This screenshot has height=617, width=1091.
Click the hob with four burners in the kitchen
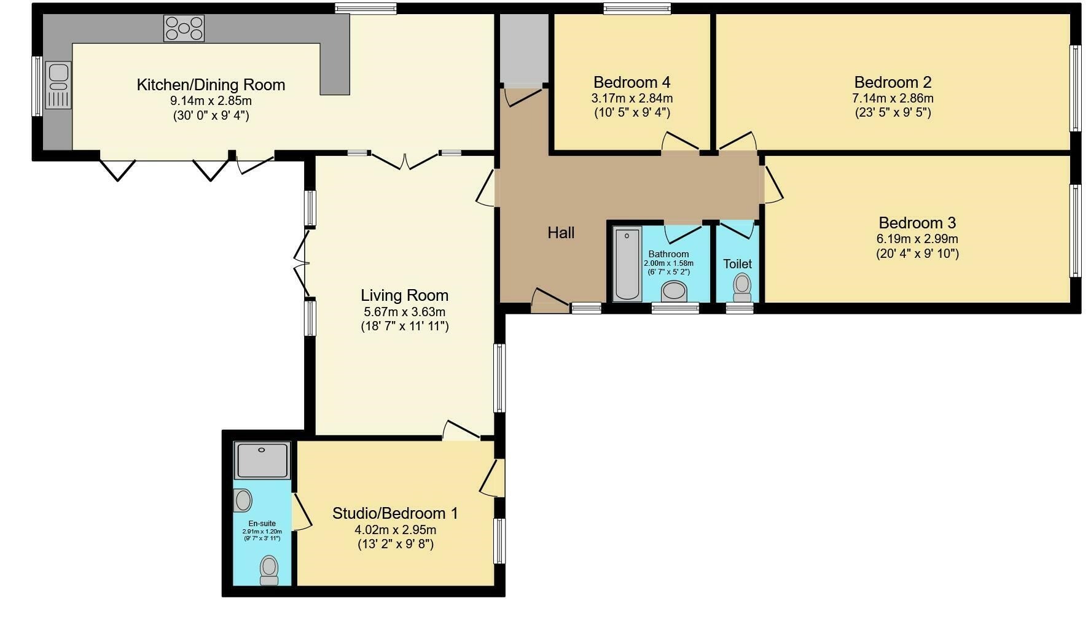(x=184, y=28)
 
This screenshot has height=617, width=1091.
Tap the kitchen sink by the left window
(x=58, y=85)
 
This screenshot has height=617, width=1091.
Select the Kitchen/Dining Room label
(x=211, y=85)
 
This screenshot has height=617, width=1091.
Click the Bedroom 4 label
(x=632, y=82)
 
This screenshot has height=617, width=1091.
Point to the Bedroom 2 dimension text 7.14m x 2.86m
(x=893, y=98)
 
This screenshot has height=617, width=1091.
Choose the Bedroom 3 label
(x=917, y=223)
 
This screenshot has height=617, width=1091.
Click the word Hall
(x=561, y=233)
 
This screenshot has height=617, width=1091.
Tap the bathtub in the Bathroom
(x=627, y=264)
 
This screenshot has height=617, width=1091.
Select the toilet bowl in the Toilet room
(x=743, y=285)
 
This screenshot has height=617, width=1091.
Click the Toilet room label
(x=737, y=264)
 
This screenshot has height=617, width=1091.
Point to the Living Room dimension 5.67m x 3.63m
(x=404, y=311)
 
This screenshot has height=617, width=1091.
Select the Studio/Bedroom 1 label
(x=395, y=513)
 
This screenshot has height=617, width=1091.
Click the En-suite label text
(x=262, y=524)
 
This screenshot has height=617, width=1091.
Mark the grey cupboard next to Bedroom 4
(x=523, y=49)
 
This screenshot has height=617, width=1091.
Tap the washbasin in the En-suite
(x=243, y=500)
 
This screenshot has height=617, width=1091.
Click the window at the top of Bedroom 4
(x=636, y=9)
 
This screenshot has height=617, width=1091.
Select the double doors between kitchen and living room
(x=404, y=161)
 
